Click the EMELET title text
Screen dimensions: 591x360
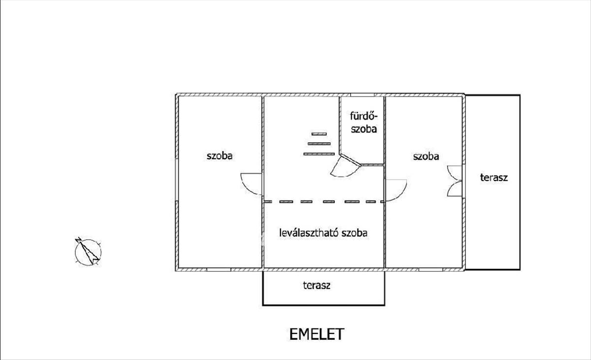tap(317, 334)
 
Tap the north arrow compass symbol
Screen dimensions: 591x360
tap(88, 252)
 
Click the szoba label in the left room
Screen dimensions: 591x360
tap(220, 156)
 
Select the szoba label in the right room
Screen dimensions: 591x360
tap(426, 157)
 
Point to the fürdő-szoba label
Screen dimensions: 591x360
tap(363, 123)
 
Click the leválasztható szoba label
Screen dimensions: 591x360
tap(323, 233)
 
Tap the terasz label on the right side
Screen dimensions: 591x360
tap(494, 177)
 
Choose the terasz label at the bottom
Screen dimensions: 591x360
tap(317, 285)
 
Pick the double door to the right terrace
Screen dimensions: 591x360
tap(454, 181)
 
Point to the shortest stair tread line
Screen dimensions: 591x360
tap(319, 134)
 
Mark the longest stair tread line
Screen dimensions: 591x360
tap(319, 154)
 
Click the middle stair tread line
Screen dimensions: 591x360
tap(319, 144)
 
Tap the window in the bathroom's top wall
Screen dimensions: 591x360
tap(362, 95)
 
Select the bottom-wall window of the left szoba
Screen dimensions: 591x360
tap(219, 269)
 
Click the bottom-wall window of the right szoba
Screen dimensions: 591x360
tap(430, 269)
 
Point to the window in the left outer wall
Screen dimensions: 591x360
tap(177, 180)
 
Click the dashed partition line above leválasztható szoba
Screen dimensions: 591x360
tap(324, 202)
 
